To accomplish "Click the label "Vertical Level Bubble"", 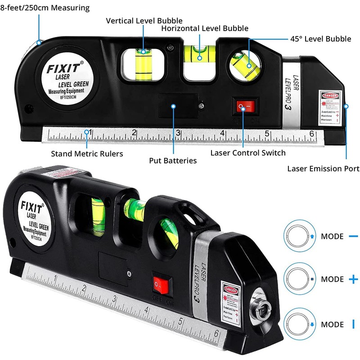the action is click(144, 21).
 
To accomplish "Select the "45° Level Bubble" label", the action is click(321, 39).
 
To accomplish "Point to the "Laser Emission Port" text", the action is click(323, 169).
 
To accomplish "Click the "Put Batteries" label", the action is click(173, 160).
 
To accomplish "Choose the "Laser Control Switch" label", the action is click(248, 153).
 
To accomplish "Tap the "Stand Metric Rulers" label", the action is click(87, 153).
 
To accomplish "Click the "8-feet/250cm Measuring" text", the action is click(45, 8).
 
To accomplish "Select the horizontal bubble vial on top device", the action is click(198, 52).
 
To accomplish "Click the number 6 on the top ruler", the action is click(311, 133).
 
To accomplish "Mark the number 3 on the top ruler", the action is click(178, 133).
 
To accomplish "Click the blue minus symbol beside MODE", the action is click(353, 236).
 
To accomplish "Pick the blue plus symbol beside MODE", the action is click(353, 279).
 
